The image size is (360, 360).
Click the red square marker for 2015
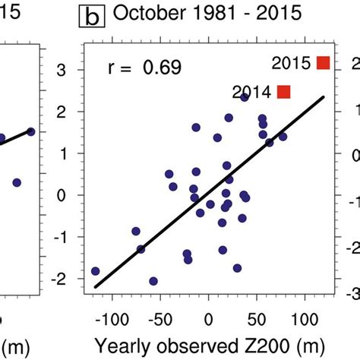(x=324, y=63)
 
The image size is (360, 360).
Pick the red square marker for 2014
(x=284, y=92)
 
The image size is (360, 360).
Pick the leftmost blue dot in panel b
(x=95, y=271)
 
